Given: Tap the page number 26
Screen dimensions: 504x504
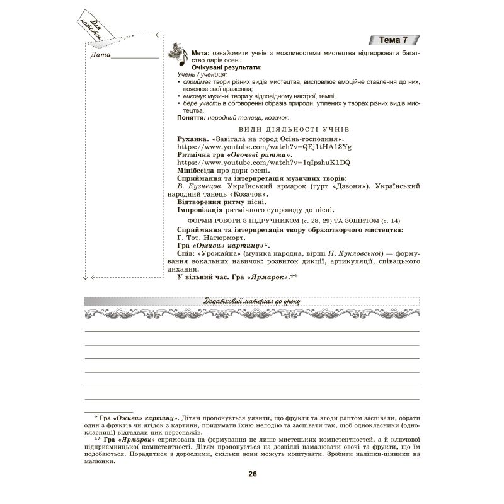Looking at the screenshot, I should click(252, 474).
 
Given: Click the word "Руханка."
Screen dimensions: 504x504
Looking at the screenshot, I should click(193, 138).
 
